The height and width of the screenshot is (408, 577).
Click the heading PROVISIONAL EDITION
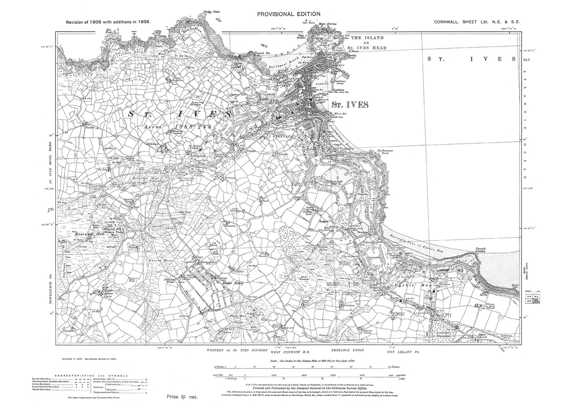289,14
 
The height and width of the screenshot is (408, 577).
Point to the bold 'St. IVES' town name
347,104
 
